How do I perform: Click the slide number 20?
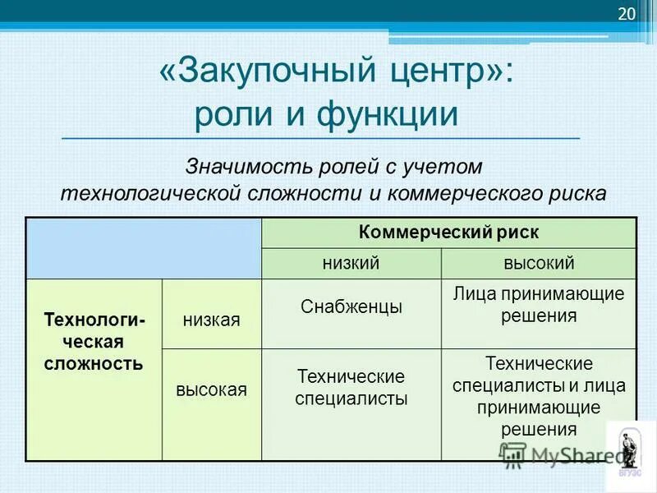pos(626,14)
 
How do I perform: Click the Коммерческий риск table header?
pos(448,233)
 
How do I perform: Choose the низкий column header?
pos(351,263)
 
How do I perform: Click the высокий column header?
pos(538,263)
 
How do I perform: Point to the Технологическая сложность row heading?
pos(94,340)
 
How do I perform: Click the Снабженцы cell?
pos(351,307)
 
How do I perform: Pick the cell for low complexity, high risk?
pos(538,305)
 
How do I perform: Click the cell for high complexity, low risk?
pos(351,388)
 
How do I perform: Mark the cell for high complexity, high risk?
pos(538,395)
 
